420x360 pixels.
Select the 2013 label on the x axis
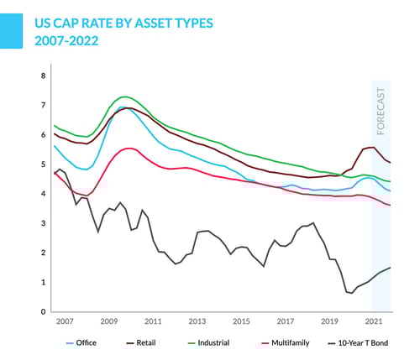pyautogui.click(x=197, y=321)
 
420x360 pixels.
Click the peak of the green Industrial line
pyautogui.click(x=124, y=97)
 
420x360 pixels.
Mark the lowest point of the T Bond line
pyautogui.click(x=349, y=293)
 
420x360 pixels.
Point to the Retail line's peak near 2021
pyautogui.click(x=372, y=147)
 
